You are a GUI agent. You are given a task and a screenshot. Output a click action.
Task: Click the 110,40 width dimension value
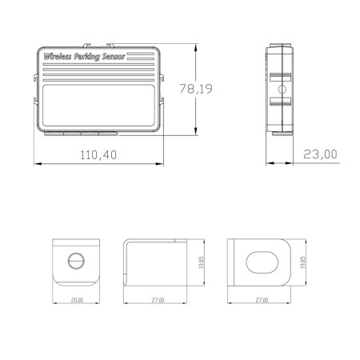(x=98, y=155)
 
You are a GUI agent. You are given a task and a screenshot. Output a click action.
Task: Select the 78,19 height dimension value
(x=196, y=89)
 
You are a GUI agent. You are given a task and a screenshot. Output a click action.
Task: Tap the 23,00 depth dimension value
(x=320, y=154)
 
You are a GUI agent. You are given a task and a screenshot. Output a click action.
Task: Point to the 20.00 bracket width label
(x=77, y=300)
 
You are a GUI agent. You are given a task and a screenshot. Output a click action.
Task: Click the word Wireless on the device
(x=58, y=57)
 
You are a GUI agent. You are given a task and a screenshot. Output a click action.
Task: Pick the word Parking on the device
(x=86, y=57)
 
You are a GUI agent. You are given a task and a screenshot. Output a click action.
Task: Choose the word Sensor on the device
(x=114, y=57)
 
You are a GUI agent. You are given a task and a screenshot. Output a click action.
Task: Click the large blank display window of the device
(x=98, y=106)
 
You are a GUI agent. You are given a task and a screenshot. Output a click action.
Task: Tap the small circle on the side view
(x=282, y=90)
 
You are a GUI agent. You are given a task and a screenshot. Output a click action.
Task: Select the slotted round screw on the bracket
(x=76, y=261)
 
